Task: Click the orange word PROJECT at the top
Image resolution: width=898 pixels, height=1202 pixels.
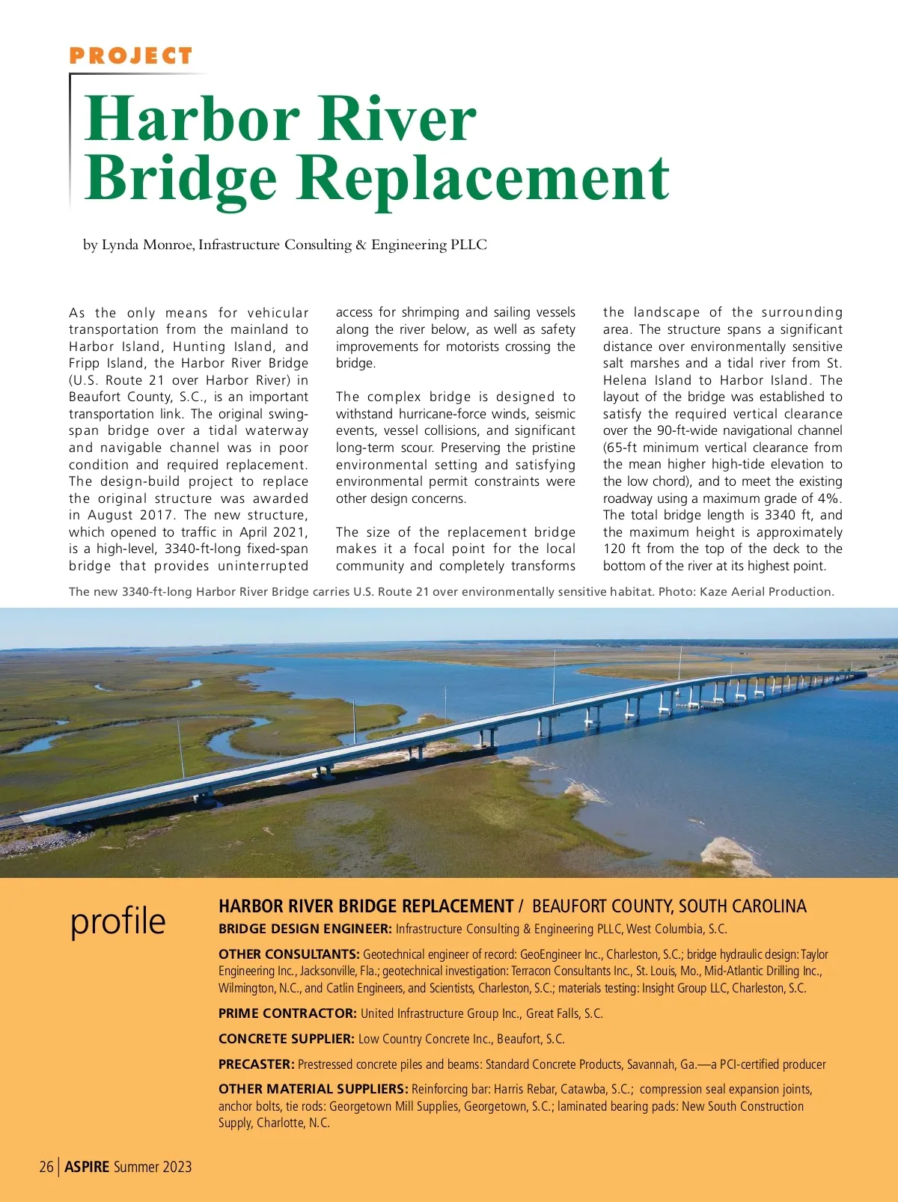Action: coord(131,56)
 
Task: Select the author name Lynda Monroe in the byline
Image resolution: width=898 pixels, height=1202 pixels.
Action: coord(147,245)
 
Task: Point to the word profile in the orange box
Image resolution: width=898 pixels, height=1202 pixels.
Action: coord(117,921)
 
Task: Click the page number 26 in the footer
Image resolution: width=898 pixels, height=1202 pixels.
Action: coord(46,1167)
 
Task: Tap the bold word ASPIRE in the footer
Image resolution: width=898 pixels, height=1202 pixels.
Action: coord(87,1167)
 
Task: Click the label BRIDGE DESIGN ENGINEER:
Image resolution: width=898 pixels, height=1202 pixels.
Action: coord(305,929)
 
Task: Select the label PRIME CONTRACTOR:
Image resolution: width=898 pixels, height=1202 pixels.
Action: coord(287,1013)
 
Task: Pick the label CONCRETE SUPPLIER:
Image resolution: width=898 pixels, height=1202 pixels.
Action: coord(286,1039)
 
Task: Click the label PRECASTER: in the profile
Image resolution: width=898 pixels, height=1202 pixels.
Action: coord(256,1064)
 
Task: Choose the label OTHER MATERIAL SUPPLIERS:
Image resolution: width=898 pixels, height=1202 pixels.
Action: coord(313,1089)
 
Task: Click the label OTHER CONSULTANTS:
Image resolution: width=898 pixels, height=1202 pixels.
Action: coord(289,954)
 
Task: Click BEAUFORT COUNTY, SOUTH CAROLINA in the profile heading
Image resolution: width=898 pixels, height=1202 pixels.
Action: coord(669,906)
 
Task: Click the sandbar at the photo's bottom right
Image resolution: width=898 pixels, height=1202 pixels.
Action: coord(730,852)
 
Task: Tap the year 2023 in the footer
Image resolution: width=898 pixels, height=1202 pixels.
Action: coord(177,1167)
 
